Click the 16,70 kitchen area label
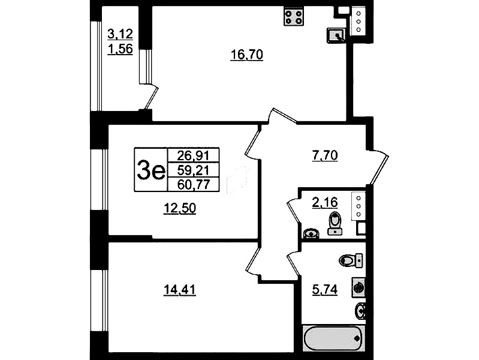[246, 55]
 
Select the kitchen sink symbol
[336, 35]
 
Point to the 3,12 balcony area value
[120, 34]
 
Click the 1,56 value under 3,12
[120, 49]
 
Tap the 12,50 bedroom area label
[180, 208]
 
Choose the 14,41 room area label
[180, 290]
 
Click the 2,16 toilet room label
[324, 202]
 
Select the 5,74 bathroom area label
[324, 290]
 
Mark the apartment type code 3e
[151, 170]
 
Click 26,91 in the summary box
[194, 155]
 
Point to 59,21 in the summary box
[194, 170]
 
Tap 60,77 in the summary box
[194, 184]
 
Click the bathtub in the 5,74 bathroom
[333, 338]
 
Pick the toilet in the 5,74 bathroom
[351, 260]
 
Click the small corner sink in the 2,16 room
[311, 233]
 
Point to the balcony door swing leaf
[152, 98]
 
